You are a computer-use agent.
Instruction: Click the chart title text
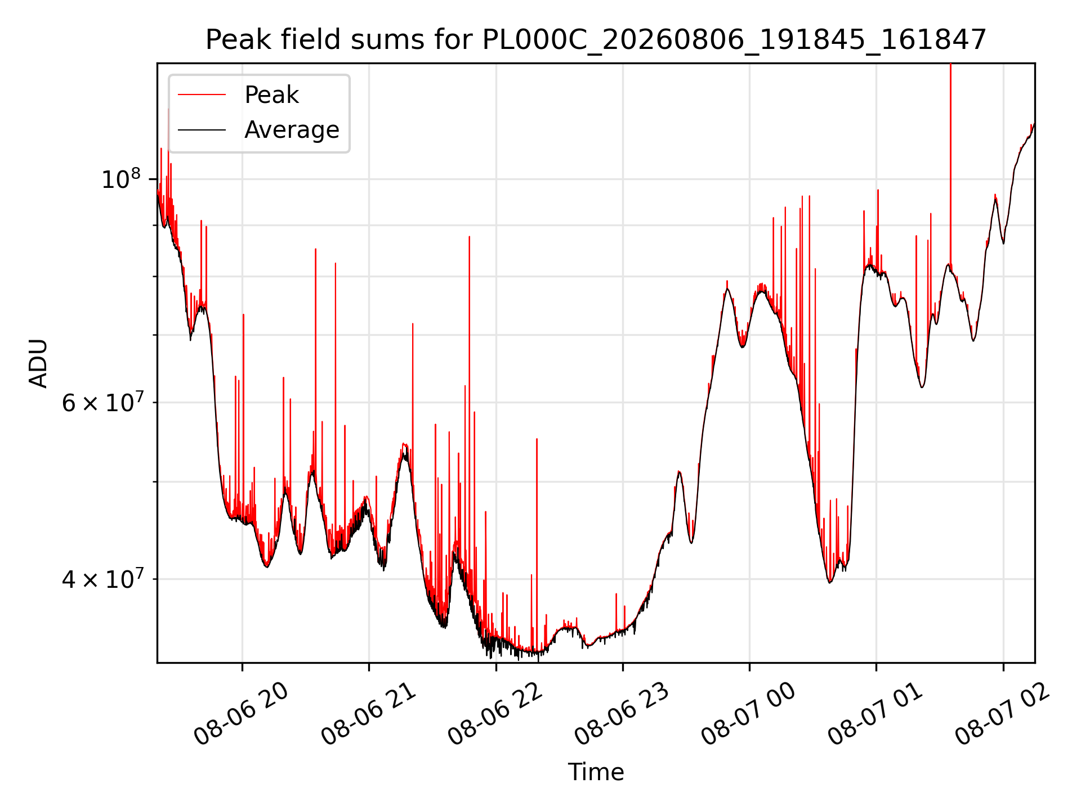click(596, 40)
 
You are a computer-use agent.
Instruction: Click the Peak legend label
click(271, 95)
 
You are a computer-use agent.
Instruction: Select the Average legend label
click(292, 130)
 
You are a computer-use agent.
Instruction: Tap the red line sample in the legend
click(202, 95)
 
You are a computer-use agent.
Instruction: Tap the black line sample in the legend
click(202, 130)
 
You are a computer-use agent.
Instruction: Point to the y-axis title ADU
click(38, 363)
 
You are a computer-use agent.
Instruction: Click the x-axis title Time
click(596, 772)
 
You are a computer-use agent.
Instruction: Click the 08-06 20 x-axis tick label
click(241, 714)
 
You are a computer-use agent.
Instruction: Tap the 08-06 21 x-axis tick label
click(368, 714)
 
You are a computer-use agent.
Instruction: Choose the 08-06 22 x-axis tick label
click(495, 714)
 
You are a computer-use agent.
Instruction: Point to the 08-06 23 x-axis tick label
click(622, 714)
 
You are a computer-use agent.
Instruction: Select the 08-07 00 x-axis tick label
click(748, 714)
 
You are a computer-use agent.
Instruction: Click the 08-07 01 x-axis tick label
click(875, 714)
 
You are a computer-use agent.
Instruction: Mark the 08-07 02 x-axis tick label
click(1002, 714)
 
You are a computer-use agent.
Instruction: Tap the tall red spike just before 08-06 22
click(469, 394)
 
